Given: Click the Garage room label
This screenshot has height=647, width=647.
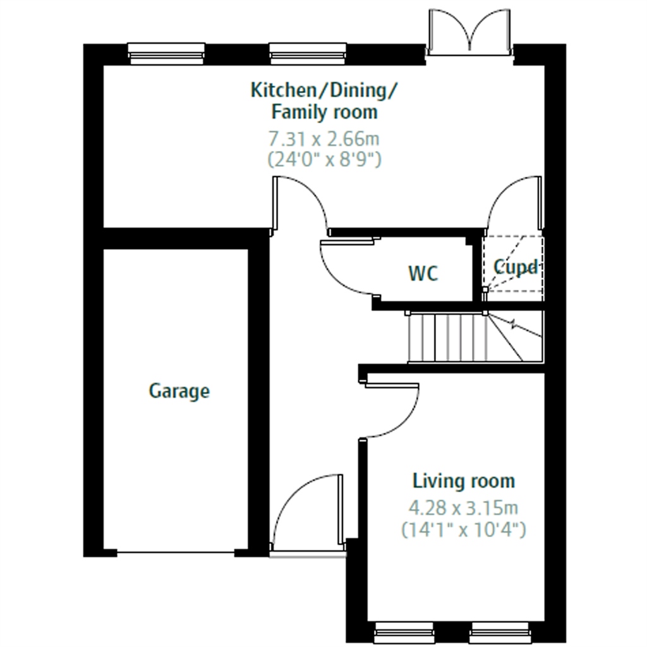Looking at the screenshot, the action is pyautogui.click(x=179, y=391).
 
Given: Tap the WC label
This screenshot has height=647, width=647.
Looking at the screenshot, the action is pyautogui.click(x=423, y=273).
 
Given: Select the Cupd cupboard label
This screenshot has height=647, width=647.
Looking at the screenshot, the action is pyautogui.click(x=516, y=267).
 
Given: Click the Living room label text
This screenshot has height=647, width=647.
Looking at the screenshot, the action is pyautogui.click(x=464, y=481).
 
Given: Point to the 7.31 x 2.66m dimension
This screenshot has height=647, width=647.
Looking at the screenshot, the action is pyautogui.click(x=324, y=138).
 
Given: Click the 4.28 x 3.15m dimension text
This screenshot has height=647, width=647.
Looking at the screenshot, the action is pyautogui.click(x=463, y=507).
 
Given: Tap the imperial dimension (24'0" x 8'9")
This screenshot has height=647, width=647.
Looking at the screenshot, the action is pyautogui.click(x=324, y=159).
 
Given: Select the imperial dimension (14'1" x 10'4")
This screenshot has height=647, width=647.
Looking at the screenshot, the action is pyautogui.click(x=464, y=529).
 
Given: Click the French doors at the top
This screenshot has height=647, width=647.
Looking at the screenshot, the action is pyautogui.click(x=469, y=32).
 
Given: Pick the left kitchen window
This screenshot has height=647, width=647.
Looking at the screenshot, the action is pyautogui.click(x=166, y=54).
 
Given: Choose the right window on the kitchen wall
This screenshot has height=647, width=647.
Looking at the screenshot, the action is pyautogui.click(x=308, y=54).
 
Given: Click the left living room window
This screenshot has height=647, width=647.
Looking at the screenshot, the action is pyautogui.click(x=404, y=632).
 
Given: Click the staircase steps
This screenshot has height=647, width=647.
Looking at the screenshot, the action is pyautogui.click(x=475, y=337).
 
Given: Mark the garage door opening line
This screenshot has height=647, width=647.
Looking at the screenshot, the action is pyautogui.click(x=176, y=552).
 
